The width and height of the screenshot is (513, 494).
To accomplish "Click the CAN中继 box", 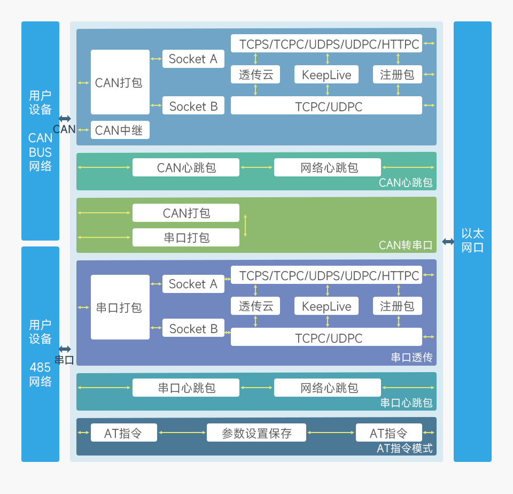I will (x=120, y=130).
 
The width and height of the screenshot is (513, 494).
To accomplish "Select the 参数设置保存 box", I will (x=256, y=433).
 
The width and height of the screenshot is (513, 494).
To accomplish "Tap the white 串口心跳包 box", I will (x=186, y=388).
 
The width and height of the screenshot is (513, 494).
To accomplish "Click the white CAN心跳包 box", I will (x=186, y=167).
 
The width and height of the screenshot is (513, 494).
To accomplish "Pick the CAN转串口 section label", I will (x=406, y=245).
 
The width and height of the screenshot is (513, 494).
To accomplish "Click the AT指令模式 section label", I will (x=405, y=448).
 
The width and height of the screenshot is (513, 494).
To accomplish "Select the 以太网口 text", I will (x=472, y=241).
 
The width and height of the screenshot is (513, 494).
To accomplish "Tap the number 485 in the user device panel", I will (x=40, y=367).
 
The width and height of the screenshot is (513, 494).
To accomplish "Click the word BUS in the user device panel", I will (x=40, y=152).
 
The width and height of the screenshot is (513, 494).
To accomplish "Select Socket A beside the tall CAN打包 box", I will (x=193, y=59).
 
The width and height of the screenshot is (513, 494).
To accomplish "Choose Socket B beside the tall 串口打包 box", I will (x=193, y=329).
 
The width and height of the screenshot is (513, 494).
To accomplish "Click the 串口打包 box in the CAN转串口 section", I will (x=186, y=237).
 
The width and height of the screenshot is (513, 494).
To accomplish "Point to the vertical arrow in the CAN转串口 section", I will (x=245, y=225).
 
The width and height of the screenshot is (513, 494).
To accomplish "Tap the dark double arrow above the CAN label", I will (x=65, y=119).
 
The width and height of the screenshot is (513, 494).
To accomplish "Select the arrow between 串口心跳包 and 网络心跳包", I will (x=256, y=388).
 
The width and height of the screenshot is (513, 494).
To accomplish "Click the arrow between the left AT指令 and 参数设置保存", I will (x=182, y=433).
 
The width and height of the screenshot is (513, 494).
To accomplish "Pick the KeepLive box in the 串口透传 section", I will (x=327, y=306).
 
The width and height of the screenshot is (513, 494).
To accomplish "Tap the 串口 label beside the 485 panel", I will (x=65, y=360).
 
